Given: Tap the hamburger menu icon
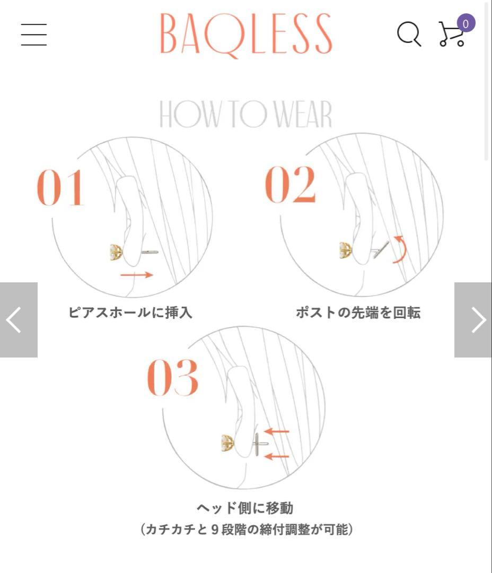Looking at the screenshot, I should tap(34, 34).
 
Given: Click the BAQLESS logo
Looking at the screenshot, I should tap(246, 34).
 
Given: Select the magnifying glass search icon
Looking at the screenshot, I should tap(409, 34).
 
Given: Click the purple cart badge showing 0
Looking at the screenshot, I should tap(465, 24).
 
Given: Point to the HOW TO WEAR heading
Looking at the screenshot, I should tap(246, 114).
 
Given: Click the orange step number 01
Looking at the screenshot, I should tap(60, 188).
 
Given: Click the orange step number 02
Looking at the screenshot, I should tap(290, 185).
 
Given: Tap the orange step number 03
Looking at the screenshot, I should tap(172, 378).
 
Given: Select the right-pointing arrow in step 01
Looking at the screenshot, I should tap(136, 275).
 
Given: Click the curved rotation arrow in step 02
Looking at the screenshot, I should tap(400, 249).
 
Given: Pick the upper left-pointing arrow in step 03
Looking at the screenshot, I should tap(277, 431).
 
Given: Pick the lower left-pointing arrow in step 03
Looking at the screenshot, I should tap(277, 456).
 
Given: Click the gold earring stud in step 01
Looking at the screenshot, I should tap(116, 251).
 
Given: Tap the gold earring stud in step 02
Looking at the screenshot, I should tap(345, 250).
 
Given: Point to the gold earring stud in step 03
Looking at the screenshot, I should tap(227, 442).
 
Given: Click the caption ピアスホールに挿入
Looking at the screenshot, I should tap(130, 312).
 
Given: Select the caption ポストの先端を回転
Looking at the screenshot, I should tap(358, 312).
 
